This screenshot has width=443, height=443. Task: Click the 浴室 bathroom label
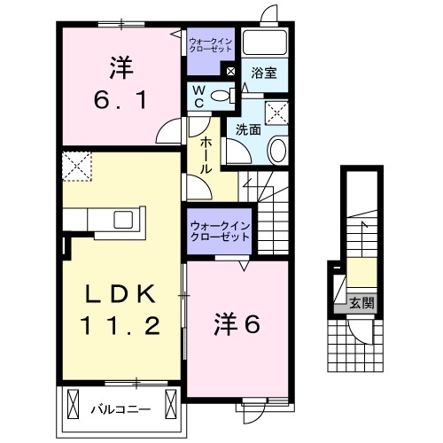click(262, 74)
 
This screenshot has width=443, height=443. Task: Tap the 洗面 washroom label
click(248, 130)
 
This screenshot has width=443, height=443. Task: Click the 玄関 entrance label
click(360, 302)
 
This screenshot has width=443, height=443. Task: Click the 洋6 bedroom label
click(236, 326)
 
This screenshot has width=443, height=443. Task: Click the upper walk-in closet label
click(211, 44)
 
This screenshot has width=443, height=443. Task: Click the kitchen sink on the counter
click(122, 218)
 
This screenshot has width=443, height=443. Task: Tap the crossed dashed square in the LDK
click(77, 166)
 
